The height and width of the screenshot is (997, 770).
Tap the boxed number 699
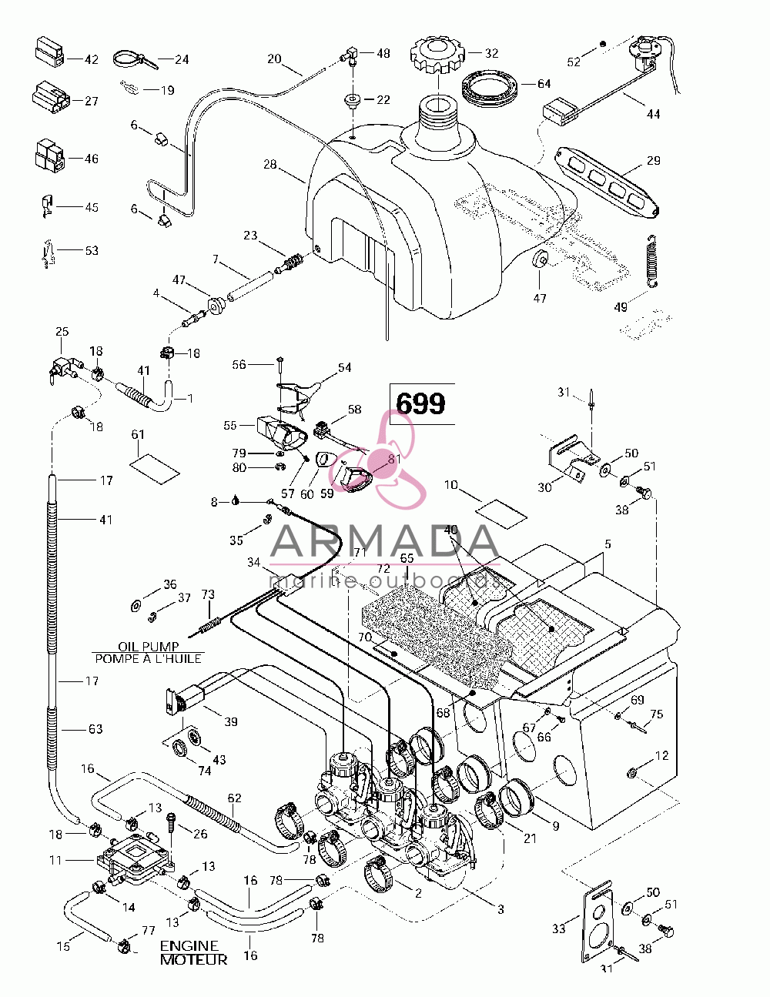pyautogui.click(x=420, y=403)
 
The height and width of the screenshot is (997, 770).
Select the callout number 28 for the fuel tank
pyautogui.click(x=270, y=164)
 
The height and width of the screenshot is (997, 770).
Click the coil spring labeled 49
pyautogui.click(x=651, y=262)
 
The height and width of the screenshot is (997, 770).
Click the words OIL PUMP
pyautogui.click(x=148, y=647)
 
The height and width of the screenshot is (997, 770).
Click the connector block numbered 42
pyautogui.click(x=49, y=53)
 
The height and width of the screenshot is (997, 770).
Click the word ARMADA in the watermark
pyautogui.click(x=384, y=540)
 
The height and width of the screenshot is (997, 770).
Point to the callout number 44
pyautogui.click(x=653, y=114)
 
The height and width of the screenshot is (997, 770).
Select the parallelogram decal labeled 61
pyautogui.click(x=155, y=469)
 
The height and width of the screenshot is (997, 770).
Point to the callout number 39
pyautogui.click(x=231, y=721)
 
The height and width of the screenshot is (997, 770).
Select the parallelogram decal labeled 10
pyautogui.click(x=500, y=514)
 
